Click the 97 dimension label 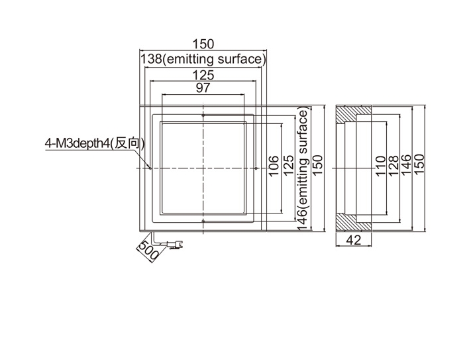click(203, 88)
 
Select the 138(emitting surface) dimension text click(203, 60)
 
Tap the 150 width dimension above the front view click(203, 44)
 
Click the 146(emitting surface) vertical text click(303, 169)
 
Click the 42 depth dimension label click(354, 241)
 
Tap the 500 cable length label click(145, 251)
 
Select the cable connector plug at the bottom click(176, 247)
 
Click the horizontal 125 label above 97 click(203, 75)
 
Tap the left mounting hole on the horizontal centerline click(152, 168)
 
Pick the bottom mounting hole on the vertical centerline click(203, 220)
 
